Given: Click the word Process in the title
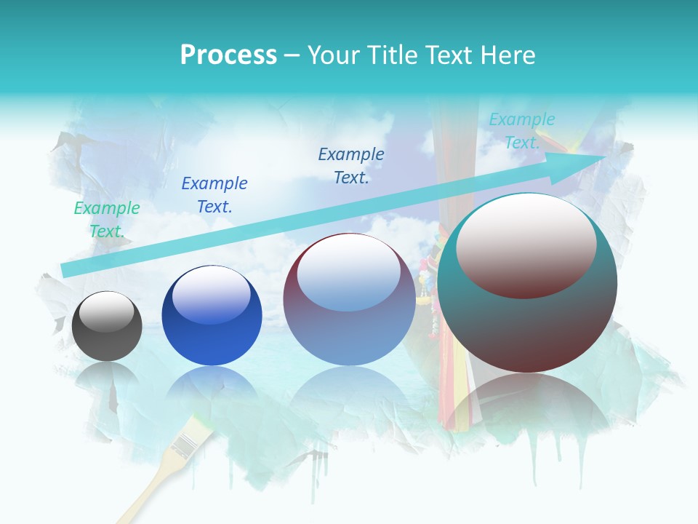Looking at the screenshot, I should coord(228,55).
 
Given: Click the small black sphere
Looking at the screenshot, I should coord(107,326).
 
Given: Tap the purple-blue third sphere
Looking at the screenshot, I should coord(349,300).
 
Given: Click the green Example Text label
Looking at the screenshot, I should coord(107,219).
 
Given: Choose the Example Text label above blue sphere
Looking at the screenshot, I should coord(214,194).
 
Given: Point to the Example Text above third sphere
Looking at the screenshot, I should coord(351,165).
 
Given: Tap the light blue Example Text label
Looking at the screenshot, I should coord(522,131).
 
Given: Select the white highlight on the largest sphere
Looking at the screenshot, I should coord(526,233).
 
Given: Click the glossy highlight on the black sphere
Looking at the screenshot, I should coord(106,311).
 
